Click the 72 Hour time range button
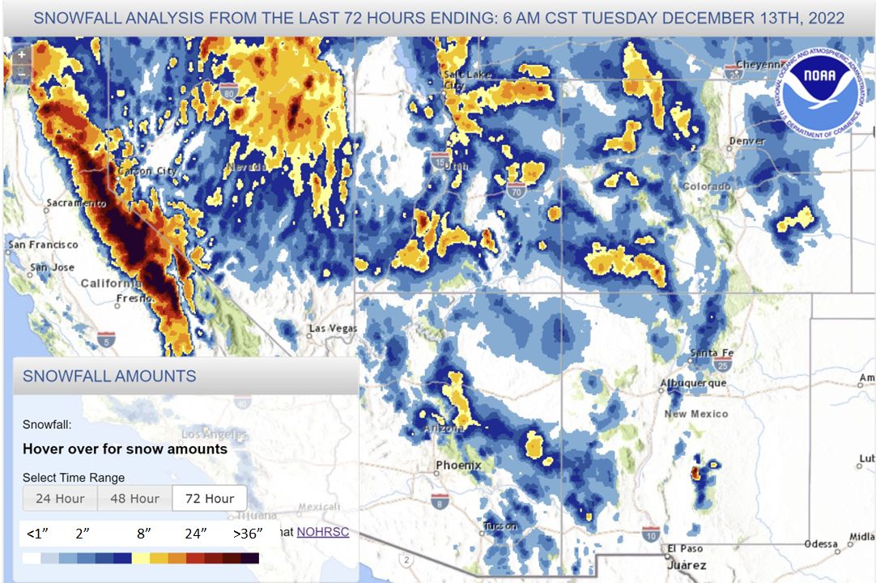coord(209,499)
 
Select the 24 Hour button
coord(60,499)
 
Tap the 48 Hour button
coord(134,499)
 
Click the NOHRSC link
coord(322,532)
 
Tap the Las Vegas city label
coord(333,329)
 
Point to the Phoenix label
coord(458,466)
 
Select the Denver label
coord(746,141)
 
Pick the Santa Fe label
coord(712,353)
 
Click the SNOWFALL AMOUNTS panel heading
coord(109,376)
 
